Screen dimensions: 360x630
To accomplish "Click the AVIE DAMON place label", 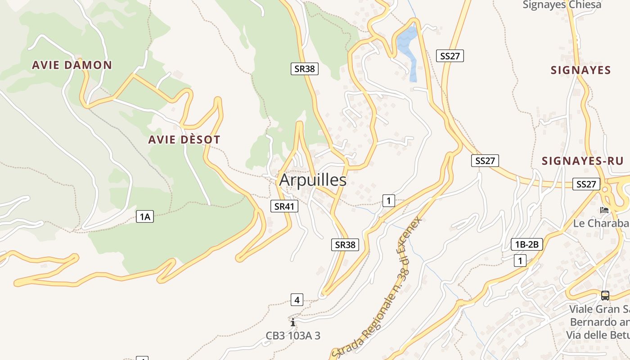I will tap(72, 65).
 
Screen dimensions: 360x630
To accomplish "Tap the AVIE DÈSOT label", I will tap(184, 139).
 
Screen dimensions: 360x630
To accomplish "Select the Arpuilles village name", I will tap(313, 180).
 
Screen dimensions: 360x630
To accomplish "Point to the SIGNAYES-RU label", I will tap(582, 161).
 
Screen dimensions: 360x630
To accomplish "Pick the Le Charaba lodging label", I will tap(600, 223).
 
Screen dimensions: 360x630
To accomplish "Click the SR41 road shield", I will tap(284, 206).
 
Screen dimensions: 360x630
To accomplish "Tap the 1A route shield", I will tap(144, 217).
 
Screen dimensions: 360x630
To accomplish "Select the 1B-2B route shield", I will tap(527, 244).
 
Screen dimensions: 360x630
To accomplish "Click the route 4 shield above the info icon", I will tap(297, 299).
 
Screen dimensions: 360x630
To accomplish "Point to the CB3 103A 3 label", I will tap(293, 336).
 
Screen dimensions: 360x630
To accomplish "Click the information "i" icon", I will tap(293, 322).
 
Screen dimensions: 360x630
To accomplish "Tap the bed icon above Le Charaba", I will tap(604, 210).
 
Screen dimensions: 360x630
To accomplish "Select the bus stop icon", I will tap(605, 296).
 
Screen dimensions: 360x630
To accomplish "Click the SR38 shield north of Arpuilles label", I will tap(305, 68).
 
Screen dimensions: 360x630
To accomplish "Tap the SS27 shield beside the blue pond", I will tap(450, 56).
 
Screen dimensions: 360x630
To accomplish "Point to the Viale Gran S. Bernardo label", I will tap(599, 322).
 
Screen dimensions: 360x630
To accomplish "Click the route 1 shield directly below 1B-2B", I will tap(520, 260).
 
